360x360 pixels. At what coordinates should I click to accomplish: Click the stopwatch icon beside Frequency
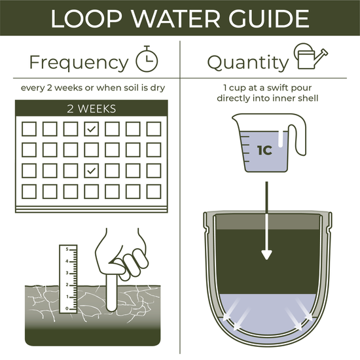146,60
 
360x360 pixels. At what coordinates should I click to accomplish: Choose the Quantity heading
247,62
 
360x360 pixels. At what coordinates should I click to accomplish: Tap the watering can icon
311,58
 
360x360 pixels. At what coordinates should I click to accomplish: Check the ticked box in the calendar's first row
92,129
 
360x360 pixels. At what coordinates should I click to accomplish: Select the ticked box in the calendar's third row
92,171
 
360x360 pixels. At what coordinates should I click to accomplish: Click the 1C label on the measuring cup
264,149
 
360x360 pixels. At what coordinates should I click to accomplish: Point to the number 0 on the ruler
66,308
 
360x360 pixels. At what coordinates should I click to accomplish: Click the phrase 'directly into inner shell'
269,98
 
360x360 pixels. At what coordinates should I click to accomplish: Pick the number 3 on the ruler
66,273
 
